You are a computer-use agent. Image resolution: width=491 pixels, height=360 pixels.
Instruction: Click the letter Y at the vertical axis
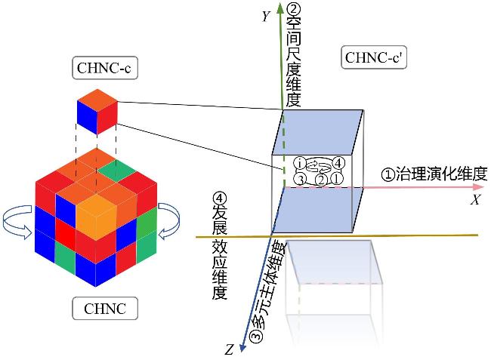tap(266, 16)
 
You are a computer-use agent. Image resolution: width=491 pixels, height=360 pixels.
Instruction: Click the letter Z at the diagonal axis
tap(229, 349)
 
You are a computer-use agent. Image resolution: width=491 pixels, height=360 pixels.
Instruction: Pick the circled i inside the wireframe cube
tap(300, 162)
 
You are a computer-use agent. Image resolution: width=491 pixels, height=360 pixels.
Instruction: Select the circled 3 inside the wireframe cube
tap(300, 179)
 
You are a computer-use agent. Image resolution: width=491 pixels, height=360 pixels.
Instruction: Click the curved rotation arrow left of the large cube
tap(21, 223)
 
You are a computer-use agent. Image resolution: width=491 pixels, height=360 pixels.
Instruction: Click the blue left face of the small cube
tap(87, 116)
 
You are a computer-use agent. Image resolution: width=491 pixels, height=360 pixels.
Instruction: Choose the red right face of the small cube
tap(107, 116)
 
